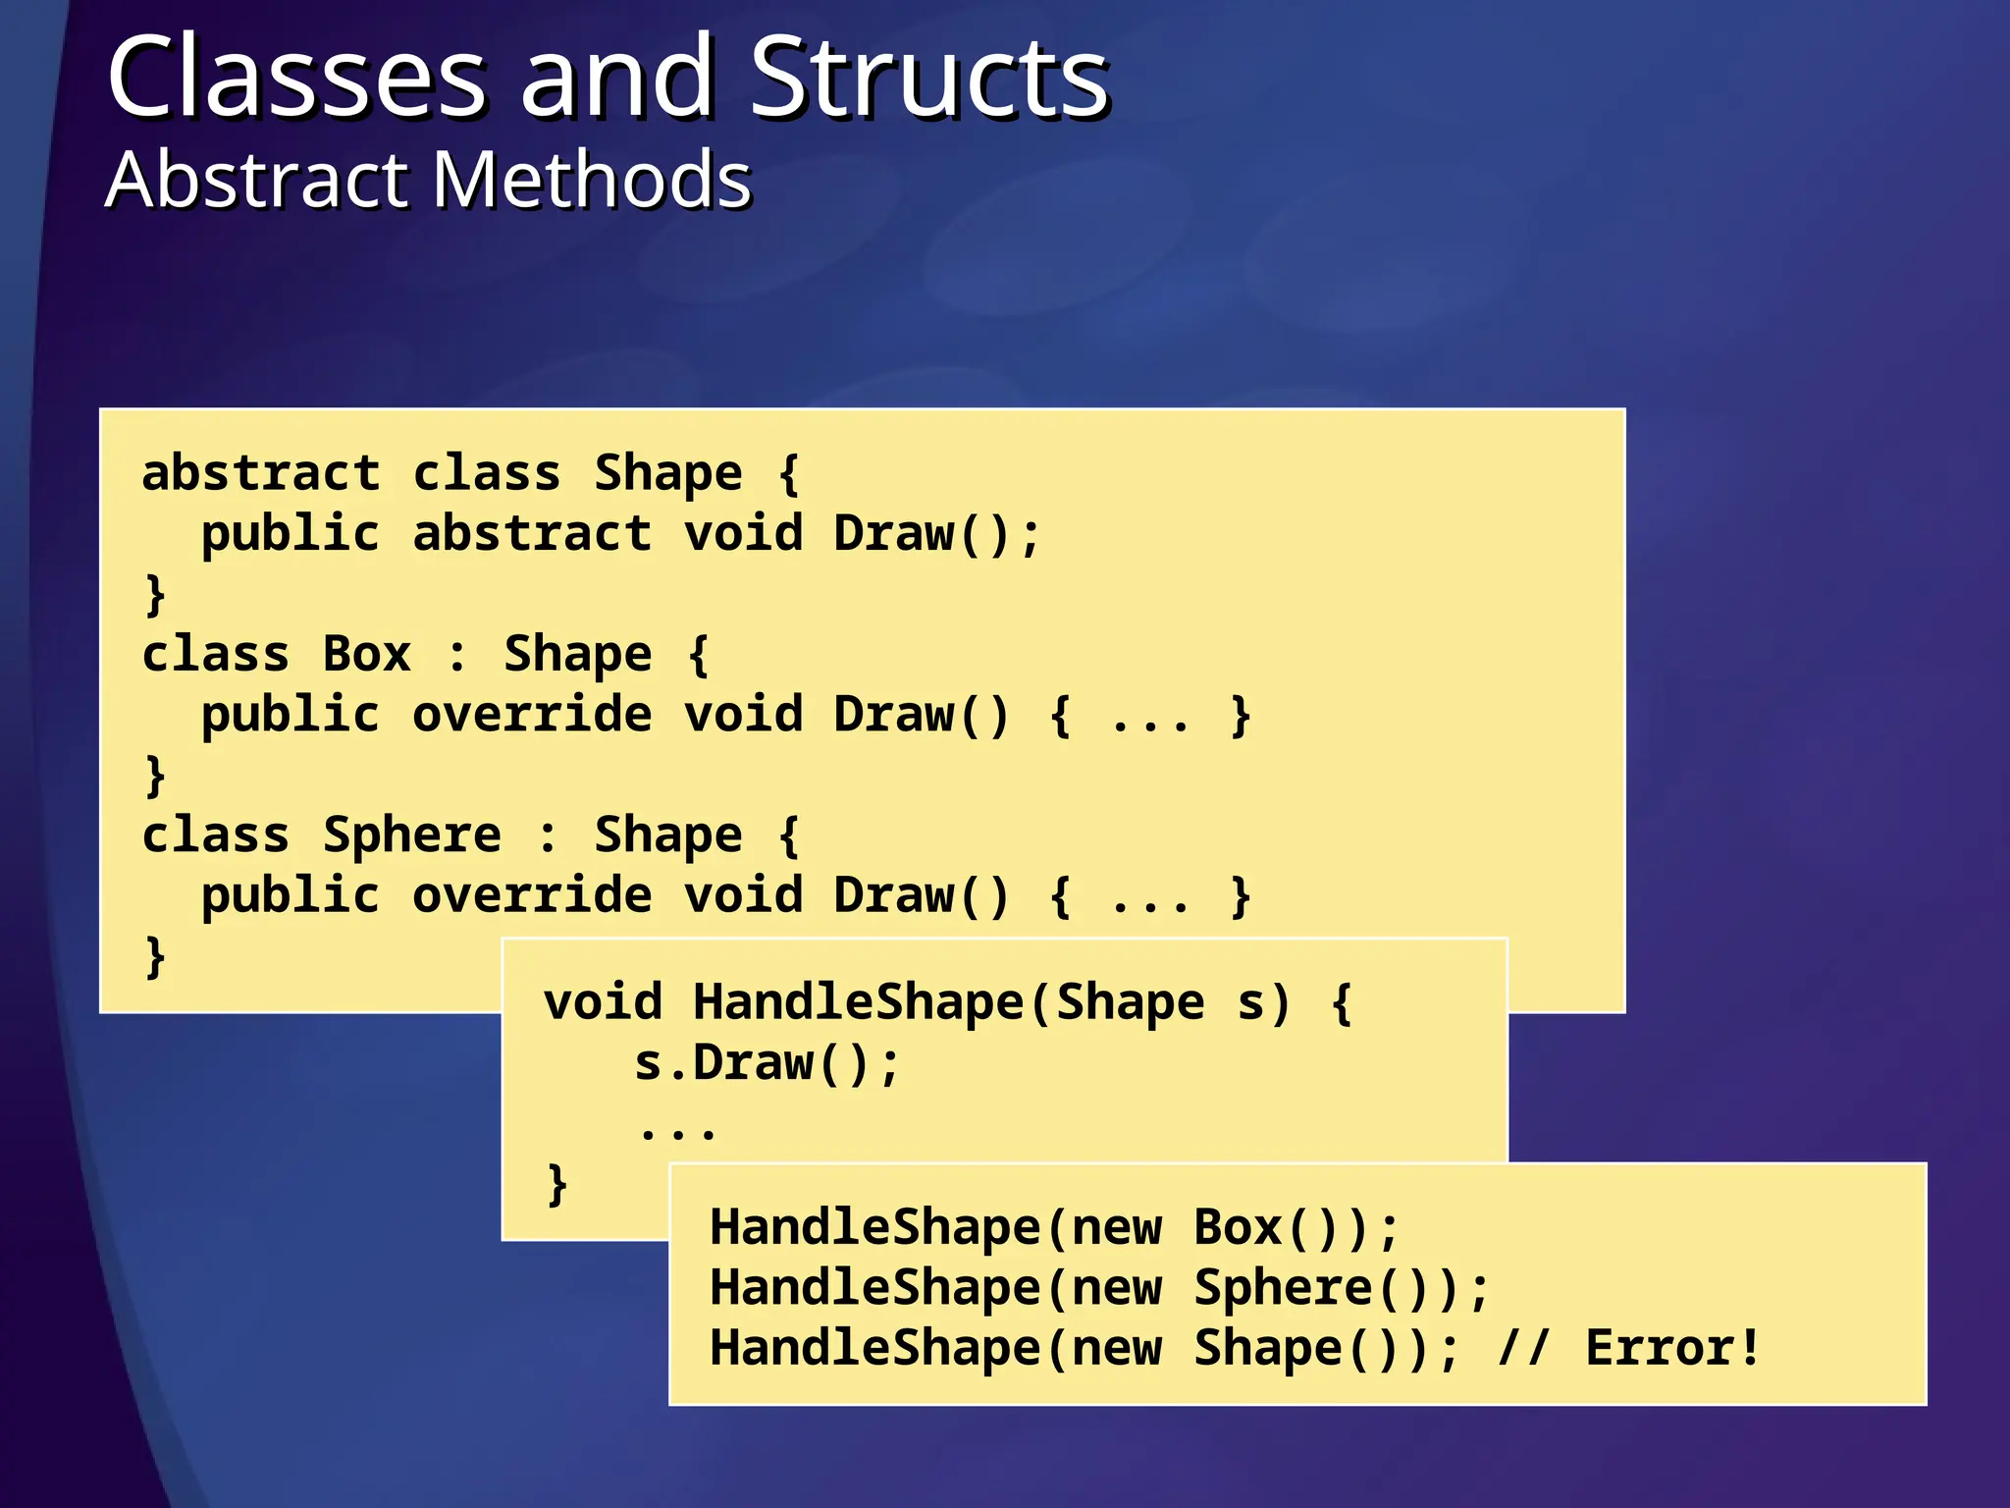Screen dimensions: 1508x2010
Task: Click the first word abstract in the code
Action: (x=261, y=473)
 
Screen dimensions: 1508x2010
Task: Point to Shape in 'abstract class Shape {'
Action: (x=668, y=473)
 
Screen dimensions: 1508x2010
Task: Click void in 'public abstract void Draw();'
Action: (x=743, y=534)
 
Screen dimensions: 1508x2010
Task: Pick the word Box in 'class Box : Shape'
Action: (x=367, y=654)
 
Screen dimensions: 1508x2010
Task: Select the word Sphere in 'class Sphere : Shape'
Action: (x=412, y=835)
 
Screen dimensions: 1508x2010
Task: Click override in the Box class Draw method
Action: (x=532, y=715)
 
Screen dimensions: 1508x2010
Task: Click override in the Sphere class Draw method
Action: (x=532, y=896)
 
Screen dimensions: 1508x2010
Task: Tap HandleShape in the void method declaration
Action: (x=858, y=1002)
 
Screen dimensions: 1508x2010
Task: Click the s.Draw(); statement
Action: (x=766, y=1063)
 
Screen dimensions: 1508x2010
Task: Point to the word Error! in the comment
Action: (x=1672, y=1348)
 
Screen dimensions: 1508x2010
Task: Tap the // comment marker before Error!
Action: (x=1523, y=1348)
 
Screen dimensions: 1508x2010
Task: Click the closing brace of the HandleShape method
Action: (x=556, y=1184)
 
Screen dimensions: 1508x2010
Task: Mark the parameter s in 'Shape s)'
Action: (x=1250, y=1002)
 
